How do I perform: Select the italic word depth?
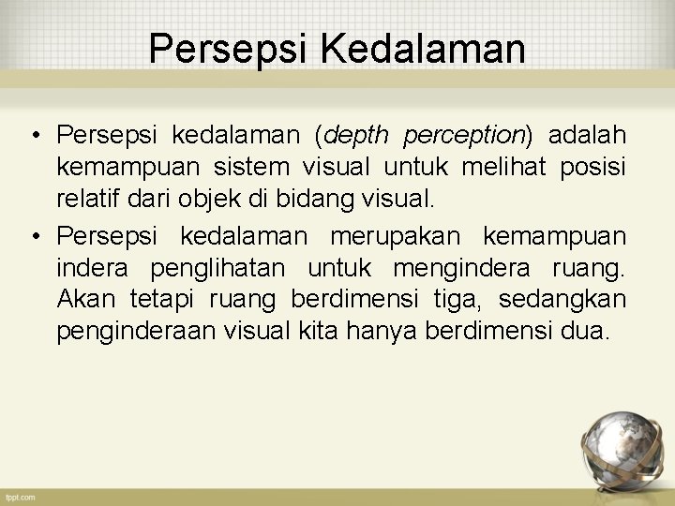357,137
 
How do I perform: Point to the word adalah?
587,137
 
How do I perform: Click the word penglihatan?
217,268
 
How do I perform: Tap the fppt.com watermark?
20,497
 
